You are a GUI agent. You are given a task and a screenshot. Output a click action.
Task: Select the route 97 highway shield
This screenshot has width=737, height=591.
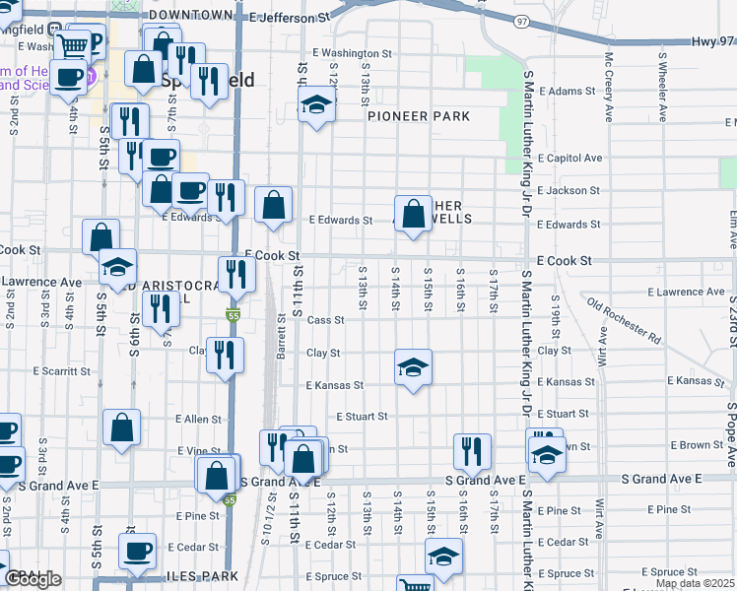point(521,21)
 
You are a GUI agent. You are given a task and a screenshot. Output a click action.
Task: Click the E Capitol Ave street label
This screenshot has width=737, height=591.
point(569,158)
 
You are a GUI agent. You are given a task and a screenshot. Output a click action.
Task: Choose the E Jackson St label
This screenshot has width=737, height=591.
point(569,190)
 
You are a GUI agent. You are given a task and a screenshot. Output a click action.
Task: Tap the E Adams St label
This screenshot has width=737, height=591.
point(567,91)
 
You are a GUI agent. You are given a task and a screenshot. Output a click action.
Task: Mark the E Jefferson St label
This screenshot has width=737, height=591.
point(290,18)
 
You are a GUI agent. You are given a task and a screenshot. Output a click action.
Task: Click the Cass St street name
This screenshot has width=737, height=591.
point(325,320)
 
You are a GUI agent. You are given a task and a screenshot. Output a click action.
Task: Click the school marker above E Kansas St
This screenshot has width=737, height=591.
point(414,368)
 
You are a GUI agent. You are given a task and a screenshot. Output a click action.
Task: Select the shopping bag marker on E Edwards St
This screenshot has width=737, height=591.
point(274,206)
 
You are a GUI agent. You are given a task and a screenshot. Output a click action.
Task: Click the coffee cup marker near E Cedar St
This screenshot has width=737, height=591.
point(138,550)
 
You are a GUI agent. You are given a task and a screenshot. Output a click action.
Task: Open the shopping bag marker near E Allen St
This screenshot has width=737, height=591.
point(122,427)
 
